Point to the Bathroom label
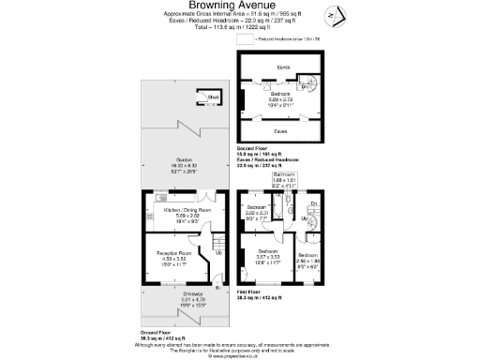(284, 175)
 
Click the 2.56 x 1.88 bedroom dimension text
(308, 260)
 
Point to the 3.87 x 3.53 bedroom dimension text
(268, 258)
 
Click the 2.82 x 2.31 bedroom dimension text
(257, 213)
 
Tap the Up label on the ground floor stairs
(218, 251)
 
